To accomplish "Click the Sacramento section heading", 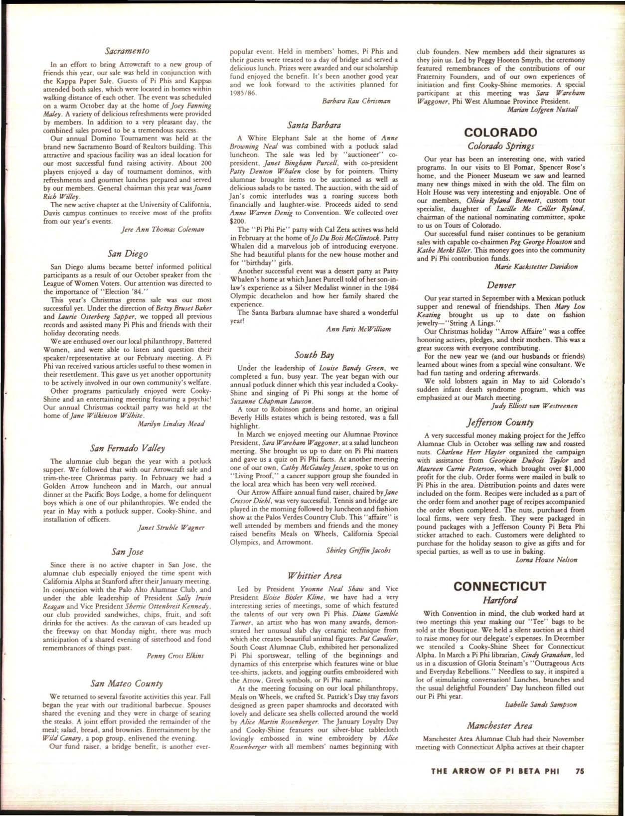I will [x=128, y=50].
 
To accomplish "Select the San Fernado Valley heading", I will [x=129, y=447].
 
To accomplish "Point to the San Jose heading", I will [x=129, y=551].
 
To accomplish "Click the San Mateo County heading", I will [x=129, y=683].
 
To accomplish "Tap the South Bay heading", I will [x=313, y=355].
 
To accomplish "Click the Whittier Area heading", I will [x=314, y=576].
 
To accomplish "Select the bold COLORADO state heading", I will [x=500, y=133].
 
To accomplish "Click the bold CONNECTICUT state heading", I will [x=500, y=586].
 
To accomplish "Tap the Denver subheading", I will [x=500, y=285].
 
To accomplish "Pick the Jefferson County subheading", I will [x=500, y=422].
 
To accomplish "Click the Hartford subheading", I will [x=500, y=599].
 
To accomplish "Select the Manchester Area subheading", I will [x=500, y=725].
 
